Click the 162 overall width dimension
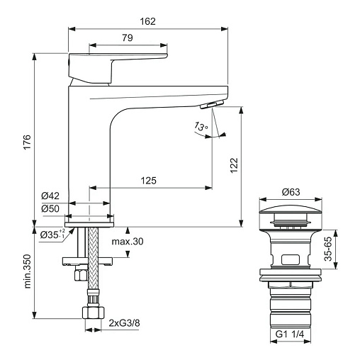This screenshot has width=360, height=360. click(x=148, y=21)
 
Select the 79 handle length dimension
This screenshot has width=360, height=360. click(x=128, y=38)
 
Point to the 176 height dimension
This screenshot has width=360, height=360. click(x=28, y=142)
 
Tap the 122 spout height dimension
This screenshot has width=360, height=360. click(x=234, y=165)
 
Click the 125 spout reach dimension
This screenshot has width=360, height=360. click(x=149, y=181)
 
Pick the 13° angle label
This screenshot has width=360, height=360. click(x=201, y=126)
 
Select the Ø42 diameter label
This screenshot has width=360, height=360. click(x=50, y=196)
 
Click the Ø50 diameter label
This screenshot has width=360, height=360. click(x=50, y=209)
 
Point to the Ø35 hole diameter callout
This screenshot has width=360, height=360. click(x=52, y=235)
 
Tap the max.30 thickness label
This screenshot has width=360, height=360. click(x=128, y=242)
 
